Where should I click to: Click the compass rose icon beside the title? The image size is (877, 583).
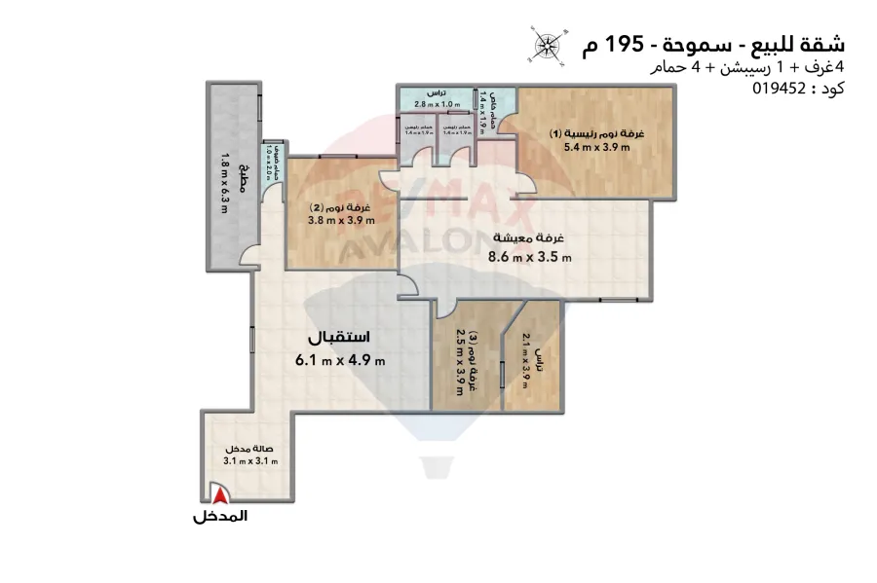point(547,45)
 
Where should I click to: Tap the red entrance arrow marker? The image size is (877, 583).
point(214,497)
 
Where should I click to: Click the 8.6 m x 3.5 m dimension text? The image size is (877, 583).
point(530,259)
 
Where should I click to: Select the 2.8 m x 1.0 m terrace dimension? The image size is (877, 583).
point(435,105)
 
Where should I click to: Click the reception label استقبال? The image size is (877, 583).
point(339,338)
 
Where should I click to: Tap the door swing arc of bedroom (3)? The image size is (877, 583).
point(450,309)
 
